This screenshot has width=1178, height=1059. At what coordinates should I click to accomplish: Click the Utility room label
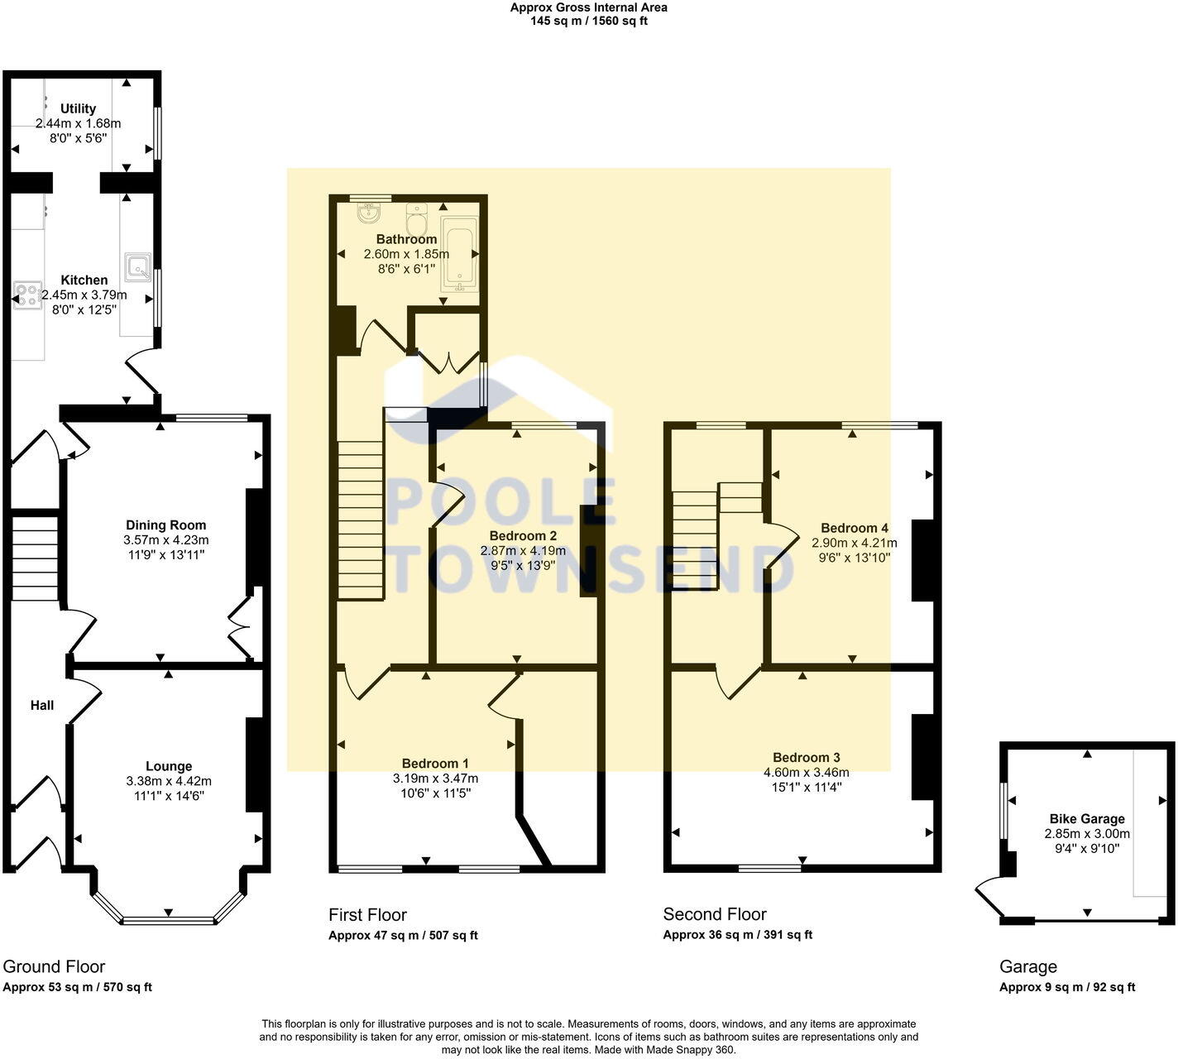[78, 108]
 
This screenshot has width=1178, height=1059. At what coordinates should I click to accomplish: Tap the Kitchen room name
[84, 280]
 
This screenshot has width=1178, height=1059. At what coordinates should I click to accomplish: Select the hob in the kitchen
[27, 295]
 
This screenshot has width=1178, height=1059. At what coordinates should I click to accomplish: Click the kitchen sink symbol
[137, 267]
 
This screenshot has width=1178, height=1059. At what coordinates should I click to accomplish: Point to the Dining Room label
[165, 525]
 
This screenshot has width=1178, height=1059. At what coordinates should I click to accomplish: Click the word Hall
[42, 706]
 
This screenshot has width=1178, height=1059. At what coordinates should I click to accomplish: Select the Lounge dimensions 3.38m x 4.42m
[169, 781]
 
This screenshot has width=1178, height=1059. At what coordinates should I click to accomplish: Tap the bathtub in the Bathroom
[459, 254]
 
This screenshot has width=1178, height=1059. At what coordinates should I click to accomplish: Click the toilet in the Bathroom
[416, 218]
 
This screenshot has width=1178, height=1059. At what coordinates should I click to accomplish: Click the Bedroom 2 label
[523, 535]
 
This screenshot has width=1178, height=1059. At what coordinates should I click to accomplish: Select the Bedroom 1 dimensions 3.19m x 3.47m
[435, 779]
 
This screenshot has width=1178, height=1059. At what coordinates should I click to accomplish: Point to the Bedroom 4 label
[855, 528]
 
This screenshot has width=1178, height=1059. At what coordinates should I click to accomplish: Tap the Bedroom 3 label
[807, 758]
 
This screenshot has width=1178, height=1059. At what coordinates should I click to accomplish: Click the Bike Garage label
[1087, 819]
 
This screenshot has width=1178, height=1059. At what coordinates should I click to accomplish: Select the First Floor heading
[367, 914]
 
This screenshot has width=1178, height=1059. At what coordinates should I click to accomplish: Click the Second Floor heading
[715, 914]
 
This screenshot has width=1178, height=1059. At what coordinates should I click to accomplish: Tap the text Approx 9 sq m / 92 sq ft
[1067, 987]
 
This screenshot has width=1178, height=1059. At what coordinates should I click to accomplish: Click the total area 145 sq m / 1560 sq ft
[589, 22]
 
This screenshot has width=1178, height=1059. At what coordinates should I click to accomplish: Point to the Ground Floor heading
[54, 966]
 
